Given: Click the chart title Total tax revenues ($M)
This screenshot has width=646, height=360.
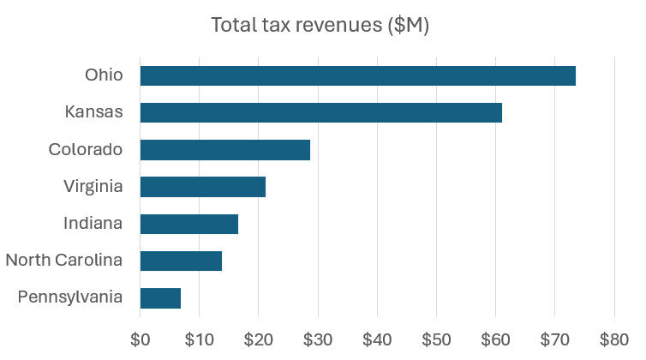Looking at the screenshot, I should [320, 26].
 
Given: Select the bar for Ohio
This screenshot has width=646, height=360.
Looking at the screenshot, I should [357, 75].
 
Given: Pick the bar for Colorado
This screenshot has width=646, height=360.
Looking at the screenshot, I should [224, 149].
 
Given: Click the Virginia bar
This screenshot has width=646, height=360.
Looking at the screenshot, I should [203, 186].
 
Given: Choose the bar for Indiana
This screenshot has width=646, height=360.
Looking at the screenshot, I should [188, 224].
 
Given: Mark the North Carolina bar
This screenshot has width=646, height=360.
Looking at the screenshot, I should [181, 261].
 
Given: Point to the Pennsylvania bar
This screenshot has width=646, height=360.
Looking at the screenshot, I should [160, 297].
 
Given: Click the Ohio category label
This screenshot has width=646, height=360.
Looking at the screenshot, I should [104, 75].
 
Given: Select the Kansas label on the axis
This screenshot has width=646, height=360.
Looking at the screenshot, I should [94, 112].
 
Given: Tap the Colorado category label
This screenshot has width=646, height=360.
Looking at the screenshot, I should [86, 149].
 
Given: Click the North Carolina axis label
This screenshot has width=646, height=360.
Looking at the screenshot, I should [64, 261].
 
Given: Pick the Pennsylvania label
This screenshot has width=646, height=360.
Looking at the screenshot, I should [70, 297].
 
